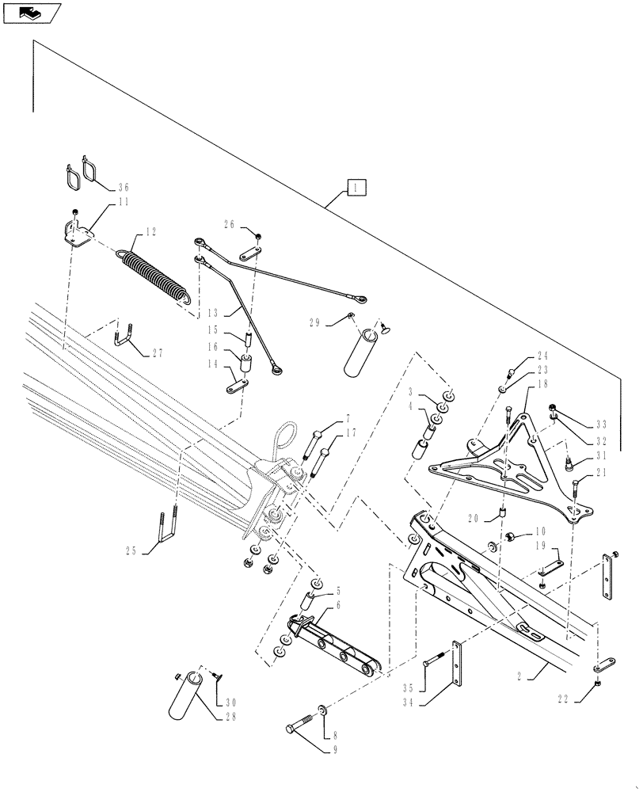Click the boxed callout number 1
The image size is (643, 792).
point(357,188)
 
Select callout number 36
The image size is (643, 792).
point(123,188)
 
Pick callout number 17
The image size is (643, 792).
point(351,432)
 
